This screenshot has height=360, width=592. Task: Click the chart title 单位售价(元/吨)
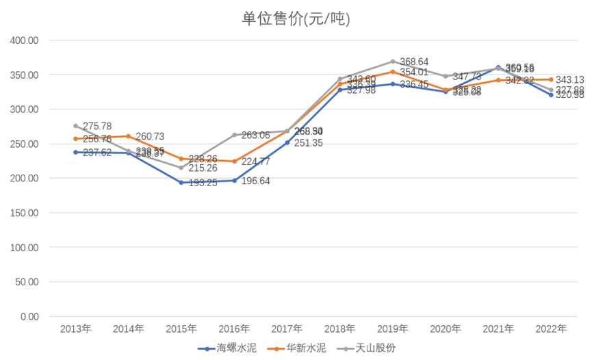click(296, 18)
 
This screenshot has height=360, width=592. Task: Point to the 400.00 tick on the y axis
click(25, 40)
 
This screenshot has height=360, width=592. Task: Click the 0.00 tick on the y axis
click(30, 316)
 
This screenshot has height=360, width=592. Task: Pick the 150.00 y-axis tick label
click(25, 213)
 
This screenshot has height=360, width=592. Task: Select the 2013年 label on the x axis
click(75, 329)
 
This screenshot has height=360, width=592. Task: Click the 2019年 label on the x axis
click(393, 329)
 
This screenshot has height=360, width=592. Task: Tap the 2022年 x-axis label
click(552, 329)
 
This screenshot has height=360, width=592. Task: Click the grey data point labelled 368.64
click(393, 62)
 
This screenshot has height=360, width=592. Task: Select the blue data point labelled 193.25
click(181, 183)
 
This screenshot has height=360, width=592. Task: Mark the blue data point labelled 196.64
click(234, 181)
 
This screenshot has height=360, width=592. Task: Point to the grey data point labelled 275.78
click(75, 126)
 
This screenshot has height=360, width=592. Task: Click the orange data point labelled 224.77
click(234, 162)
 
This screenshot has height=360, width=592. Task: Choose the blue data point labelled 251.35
click(287, 142)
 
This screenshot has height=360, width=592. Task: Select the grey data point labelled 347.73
click(446, 76)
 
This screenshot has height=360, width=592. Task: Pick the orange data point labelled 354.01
click(393, 72)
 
